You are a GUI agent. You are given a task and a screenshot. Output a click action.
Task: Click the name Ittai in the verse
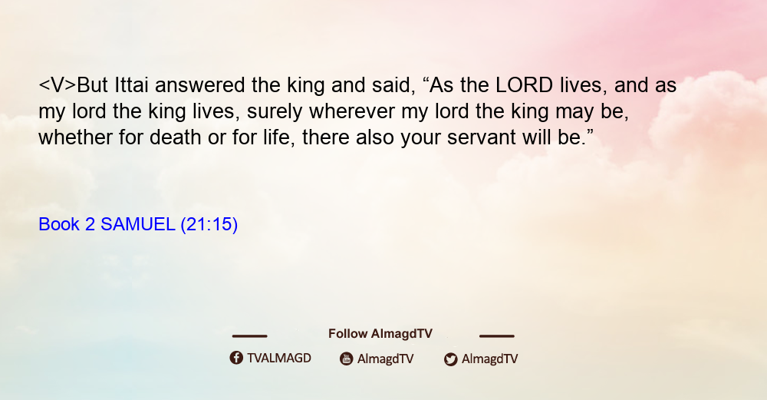pyautogui.click(x=131, y=85)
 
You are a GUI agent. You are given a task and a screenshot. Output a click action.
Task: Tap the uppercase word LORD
pyautogui.click(x=524, y=85)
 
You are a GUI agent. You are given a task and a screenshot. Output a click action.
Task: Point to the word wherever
pyautogui.click(x=352, y=111)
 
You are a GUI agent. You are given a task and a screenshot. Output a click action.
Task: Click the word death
pyautogui.click(x=175, y=137)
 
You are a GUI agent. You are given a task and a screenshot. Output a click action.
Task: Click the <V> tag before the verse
pyautogui.click(x=58, y=85)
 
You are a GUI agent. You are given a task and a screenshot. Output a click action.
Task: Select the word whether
pyautogui.click(x=75, y=137)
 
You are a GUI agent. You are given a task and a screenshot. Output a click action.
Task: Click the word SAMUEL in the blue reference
pyautogui.click(x=138, y=224)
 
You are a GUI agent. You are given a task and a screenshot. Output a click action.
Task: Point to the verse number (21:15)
pyautogui.click(x=209, y=224)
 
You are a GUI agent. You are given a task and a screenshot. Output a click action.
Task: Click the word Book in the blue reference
pyautogui.click(x=59, y=224)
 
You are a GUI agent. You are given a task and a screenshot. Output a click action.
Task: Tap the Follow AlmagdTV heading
pyautogui.click(x=380, y=333)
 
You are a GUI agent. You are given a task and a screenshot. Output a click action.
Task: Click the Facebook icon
pyautogui.click(x=236, y=358)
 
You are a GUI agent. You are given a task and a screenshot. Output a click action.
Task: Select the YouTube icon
pyautogui.click(x=347, y=359)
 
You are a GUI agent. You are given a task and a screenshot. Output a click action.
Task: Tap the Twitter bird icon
pyautogui.click(x=450, y=359)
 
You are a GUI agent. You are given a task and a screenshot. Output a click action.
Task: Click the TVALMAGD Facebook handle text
pyautogui.click(x=279, y=358)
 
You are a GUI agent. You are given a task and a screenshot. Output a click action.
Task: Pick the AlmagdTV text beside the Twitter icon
pyautogui.click(x=489, y=359)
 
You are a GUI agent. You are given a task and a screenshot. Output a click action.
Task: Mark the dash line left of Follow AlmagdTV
pyautogui.click(x=249, y=336)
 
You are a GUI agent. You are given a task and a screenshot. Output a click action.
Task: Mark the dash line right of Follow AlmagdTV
pyautogui.click(x=497, y=336)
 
